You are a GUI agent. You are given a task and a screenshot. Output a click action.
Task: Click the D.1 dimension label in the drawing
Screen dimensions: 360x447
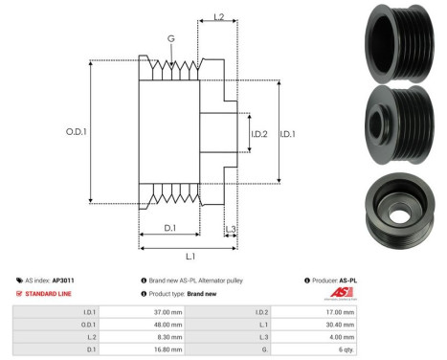coord(170,227)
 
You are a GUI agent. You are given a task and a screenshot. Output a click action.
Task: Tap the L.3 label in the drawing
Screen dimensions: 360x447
coord(231,227)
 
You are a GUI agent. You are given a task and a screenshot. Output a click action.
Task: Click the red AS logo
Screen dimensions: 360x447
coord(341,293)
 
